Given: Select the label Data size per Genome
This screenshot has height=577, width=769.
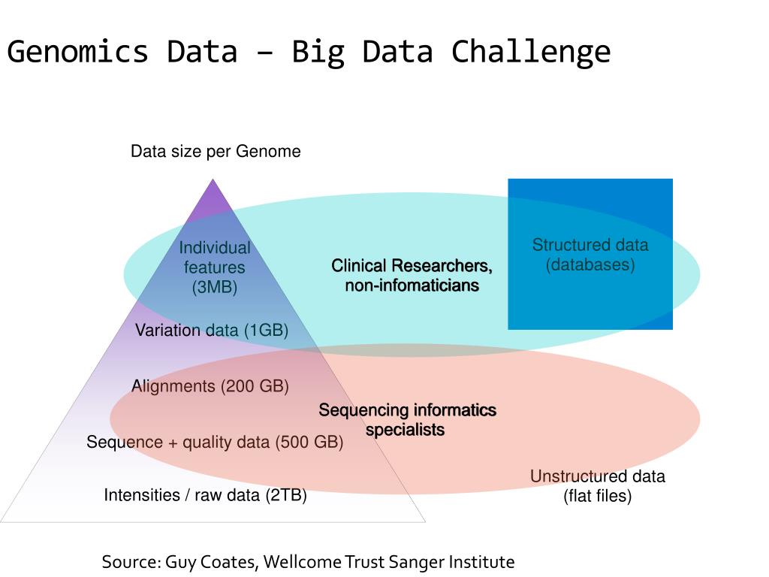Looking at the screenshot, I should pos(216,152).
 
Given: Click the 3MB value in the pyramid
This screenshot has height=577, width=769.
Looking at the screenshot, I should pos(215,287).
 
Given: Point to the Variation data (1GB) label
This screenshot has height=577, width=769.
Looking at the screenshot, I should pos(212,331).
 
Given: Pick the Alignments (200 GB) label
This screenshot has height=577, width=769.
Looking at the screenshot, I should pos(210,386).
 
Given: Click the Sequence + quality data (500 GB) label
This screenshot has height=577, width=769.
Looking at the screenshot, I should pos(215,442).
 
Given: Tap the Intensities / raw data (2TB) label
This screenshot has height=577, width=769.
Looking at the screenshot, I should pos(205,495).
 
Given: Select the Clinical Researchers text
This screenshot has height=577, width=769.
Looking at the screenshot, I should pos(412,266).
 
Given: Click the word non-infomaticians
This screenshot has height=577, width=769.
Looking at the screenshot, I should pos(412,285).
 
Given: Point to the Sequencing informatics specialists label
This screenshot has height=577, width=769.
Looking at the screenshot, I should pos(407,420).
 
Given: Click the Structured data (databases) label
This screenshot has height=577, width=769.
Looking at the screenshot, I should pos(590,255).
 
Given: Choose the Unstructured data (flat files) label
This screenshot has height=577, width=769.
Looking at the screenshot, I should pos(598,486).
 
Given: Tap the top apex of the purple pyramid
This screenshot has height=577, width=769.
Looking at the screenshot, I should pos(213,180).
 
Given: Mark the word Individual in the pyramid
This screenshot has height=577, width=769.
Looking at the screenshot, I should pos(215,248).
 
